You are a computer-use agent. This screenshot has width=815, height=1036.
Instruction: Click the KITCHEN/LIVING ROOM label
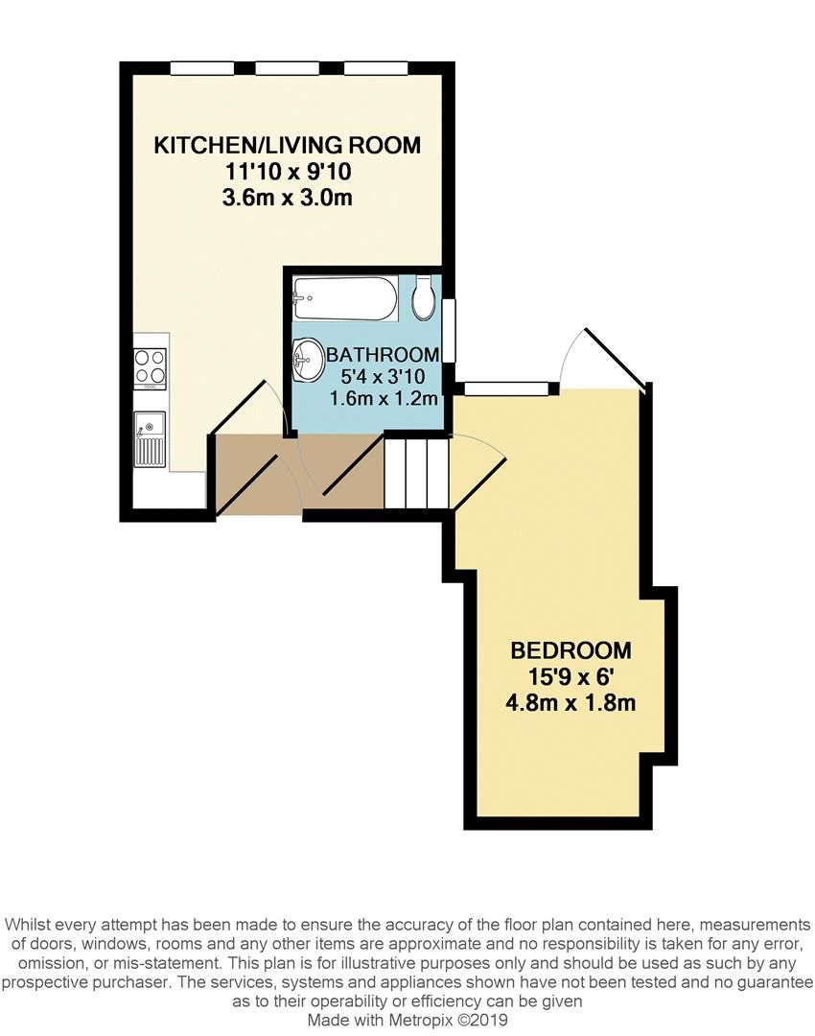click(288, 146)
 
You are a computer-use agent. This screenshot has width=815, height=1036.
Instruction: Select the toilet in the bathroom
click(424, 299)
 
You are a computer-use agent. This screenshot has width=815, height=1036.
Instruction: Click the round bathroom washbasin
click(309, 360)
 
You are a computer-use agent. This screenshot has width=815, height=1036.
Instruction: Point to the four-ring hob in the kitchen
click(150, 367)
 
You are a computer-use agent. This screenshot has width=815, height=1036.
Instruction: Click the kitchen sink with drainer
click(151, 438)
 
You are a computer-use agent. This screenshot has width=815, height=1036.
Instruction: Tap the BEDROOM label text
click(571, 648)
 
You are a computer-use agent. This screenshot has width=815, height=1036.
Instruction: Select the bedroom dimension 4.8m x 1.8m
click(571, 703)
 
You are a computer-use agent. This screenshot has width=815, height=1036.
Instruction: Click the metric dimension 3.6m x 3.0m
click(288, 199)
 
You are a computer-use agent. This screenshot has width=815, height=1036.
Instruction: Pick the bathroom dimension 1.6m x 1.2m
click(384, 397)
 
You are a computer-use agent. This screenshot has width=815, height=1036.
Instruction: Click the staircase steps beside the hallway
click(417, 473)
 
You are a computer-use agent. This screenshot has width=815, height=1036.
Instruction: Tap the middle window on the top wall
click(288, 68)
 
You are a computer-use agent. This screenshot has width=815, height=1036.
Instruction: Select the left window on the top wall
click(202, 68)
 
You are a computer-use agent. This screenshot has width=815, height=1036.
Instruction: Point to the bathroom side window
click(448, 331)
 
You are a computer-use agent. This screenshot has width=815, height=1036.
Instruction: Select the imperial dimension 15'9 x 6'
click(571, 676)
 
